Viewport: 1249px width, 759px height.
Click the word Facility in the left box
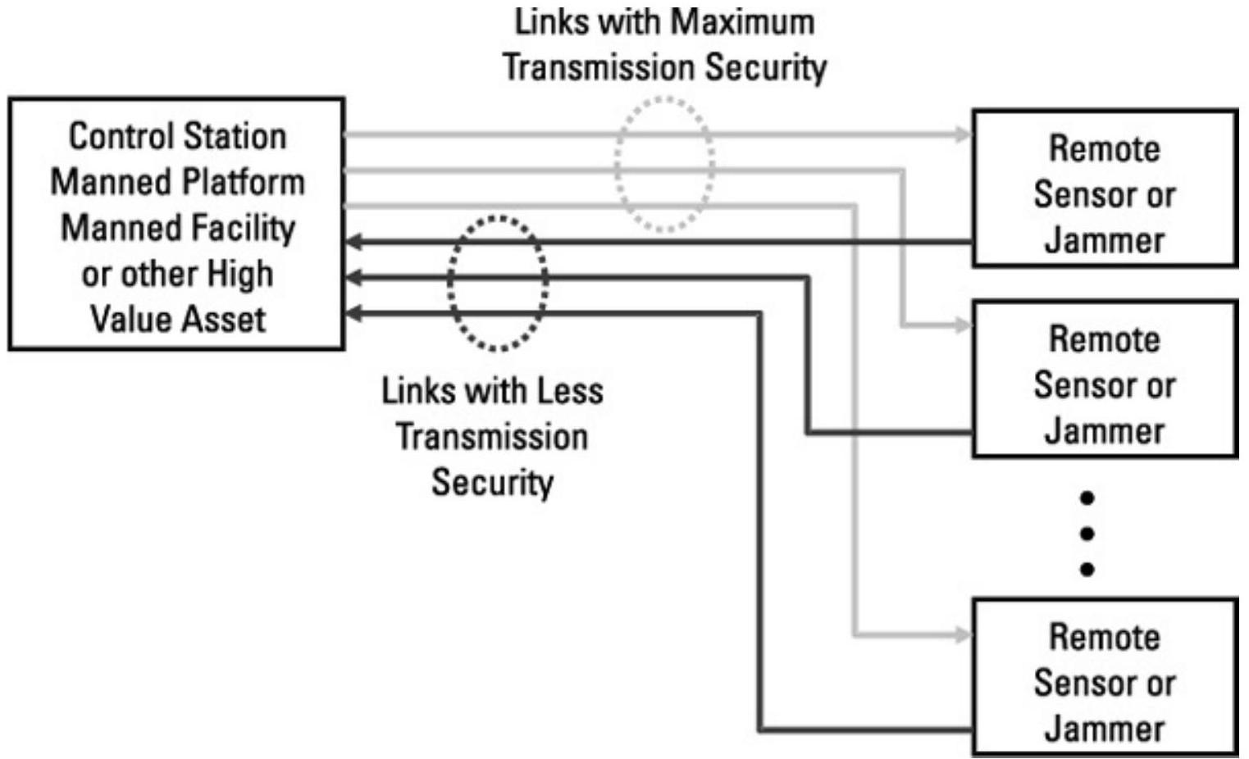click(247, 228)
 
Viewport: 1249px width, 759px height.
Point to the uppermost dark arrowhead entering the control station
click(354, 242)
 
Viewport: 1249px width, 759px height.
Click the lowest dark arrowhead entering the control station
click(354, 313)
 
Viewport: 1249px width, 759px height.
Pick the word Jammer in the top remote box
click(1105, 241)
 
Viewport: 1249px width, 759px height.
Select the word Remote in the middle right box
click(1105, 339)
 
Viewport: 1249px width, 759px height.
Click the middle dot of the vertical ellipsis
click(1087, 534)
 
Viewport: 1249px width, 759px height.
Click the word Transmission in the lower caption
click(492, 437)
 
